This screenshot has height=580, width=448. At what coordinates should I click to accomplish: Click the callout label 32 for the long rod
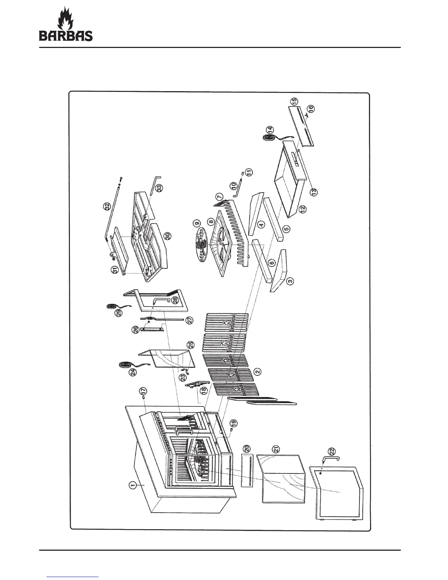click(107, 206)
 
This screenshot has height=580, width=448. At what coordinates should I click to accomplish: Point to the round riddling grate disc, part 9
click(202, 246)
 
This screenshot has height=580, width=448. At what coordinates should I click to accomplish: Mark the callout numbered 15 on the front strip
click(295, 101)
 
